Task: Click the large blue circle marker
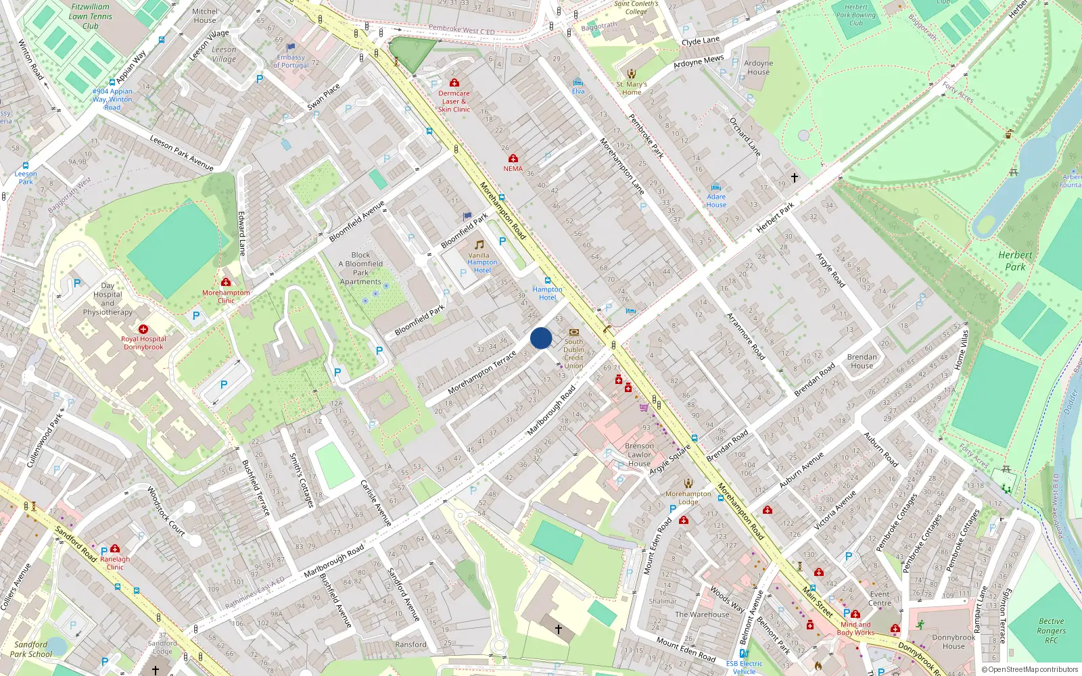541,338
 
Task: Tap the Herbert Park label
1015,261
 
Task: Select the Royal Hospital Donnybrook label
143,343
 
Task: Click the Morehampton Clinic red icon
226,282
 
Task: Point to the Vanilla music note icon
479,245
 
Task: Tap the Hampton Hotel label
547,293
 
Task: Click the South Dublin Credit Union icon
574,332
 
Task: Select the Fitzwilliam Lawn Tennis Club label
91,16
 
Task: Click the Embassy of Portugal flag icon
291,47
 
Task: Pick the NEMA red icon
513,158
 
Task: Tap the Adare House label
716,201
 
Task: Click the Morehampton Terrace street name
481,372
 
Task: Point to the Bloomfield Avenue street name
356,221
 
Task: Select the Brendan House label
862,361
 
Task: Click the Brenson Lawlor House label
639,454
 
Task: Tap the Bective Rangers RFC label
1051,631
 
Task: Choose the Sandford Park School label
30,649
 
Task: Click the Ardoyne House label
758,68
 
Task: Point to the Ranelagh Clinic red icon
115,548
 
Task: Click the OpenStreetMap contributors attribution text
1032,670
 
